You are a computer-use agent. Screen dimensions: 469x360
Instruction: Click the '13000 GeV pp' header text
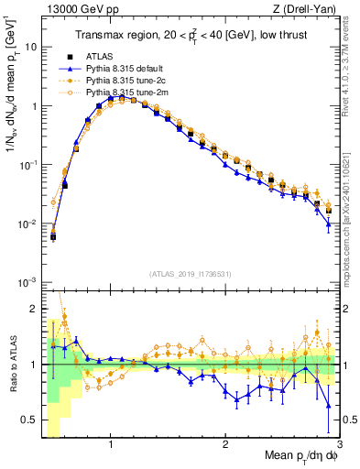(x=79, y=10)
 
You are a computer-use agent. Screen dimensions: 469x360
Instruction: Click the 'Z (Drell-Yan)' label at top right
(x=306, y=10)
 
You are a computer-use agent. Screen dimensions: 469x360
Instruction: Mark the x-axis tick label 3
(x=339, y=446)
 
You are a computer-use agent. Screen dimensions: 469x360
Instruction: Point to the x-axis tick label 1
(x=111, y=446)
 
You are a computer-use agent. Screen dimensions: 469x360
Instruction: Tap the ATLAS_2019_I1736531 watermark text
(x=189, y=274)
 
